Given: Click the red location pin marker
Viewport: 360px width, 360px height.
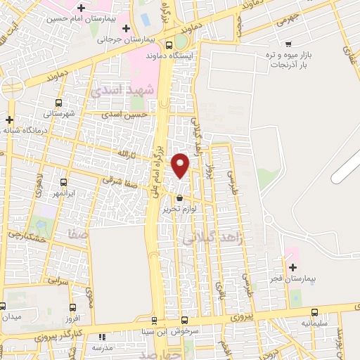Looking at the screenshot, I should [x=181, y=165].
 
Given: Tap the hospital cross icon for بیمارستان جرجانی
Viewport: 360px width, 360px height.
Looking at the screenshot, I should [x=126, y=29].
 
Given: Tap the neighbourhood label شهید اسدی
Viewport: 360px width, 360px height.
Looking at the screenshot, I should [x=117, y=89].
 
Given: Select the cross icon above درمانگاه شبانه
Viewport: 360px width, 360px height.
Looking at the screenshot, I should [x=9, y=119].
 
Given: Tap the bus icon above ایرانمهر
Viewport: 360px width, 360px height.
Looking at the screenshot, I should [x=63, y=181].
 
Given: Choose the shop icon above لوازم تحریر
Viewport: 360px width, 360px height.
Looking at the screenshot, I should [x=181, y=198].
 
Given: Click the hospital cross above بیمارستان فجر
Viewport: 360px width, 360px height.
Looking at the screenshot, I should [x=292, y=267].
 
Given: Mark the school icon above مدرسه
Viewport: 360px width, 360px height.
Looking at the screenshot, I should [x=101, y=337].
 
